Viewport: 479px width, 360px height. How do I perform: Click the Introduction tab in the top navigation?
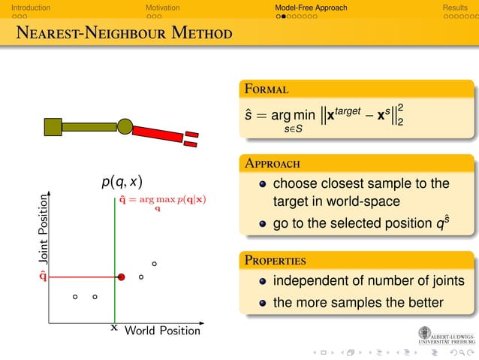click(26, 8)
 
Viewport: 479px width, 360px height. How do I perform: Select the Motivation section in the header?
click(163, 8)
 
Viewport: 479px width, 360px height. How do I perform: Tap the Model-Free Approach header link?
click(311, 8)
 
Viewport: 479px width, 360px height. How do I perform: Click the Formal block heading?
click(266, 89)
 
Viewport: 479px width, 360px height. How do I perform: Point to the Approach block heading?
click(272, 163)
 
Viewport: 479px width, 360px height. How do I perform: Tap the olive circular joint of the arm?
click(125, 126)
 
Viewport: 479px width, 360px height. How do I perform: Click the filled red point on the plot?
click(121, 277)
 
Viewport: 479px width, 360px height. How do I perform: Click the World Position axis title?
click(162, 331)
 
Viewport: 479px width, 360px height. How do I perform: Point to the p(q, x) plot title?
click(122, 181)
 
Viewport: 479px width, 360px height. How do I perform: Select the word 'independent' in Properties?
click(315, 281)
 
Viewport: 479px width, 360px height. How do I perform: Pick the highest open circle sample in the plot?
click(154, 264)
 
